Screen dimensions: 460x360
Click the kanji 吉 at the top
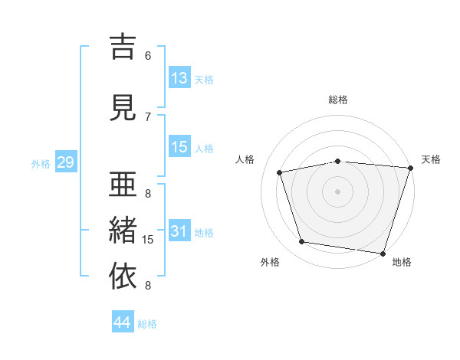pyautogui.click(x=123, y=47)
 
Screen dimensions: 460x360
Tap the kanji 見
pyautogui.click(x=123, y=108)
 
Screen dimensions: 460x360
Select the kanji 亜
pyautogui.click(x=123, y=184)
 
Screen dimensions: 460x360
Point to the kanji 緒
pyautogui.click(x=123, y=230)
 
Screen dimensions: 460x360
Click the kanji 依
pyautogui.click(x=123, y=276)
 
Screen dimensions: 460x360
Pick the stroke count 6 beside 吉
pyautogui.click(x=148, y=56)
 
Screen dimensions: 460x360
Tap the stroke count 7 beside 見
pyautogui.click(x=148, y=117)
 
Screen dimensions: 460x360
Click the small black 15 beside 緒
pyautogui.click(x=147, y=240)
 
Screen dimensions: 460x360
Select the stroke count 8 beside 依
pyautogui.click(x=148, y=286)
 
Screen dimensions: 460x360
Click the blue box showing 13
pyautogui.click(x=179, y=77)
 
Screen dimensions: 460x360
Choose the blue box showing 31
pyautogui.click(x=179, y=231)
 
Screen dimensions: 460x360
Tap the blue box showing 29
pyautogui.click(x=66, y=162)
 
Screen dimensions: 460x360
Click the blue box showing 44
pyautogui.click(x=123, y=321)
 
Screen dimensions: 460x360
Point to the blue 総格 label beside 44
pyautogui.click(x=147, y=324)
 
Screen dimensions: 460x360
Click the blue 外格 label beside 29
pyautogui.click(x=41, y=164)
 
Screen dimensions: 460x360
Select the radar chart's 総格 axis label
pyautogui.click(x=338, y=100)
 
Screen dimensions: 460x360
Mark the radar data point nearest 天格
pyautogui.click(x=411, y=168)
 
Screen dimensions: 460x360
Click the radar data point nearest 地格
pyautogui.click(x=383, y=254)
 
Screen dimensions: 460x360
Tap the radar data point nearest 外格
pyautogui.click(x=301, y=242)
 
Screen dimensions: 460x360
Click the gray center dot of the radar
pyautogui.click(x=337, y=191)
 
